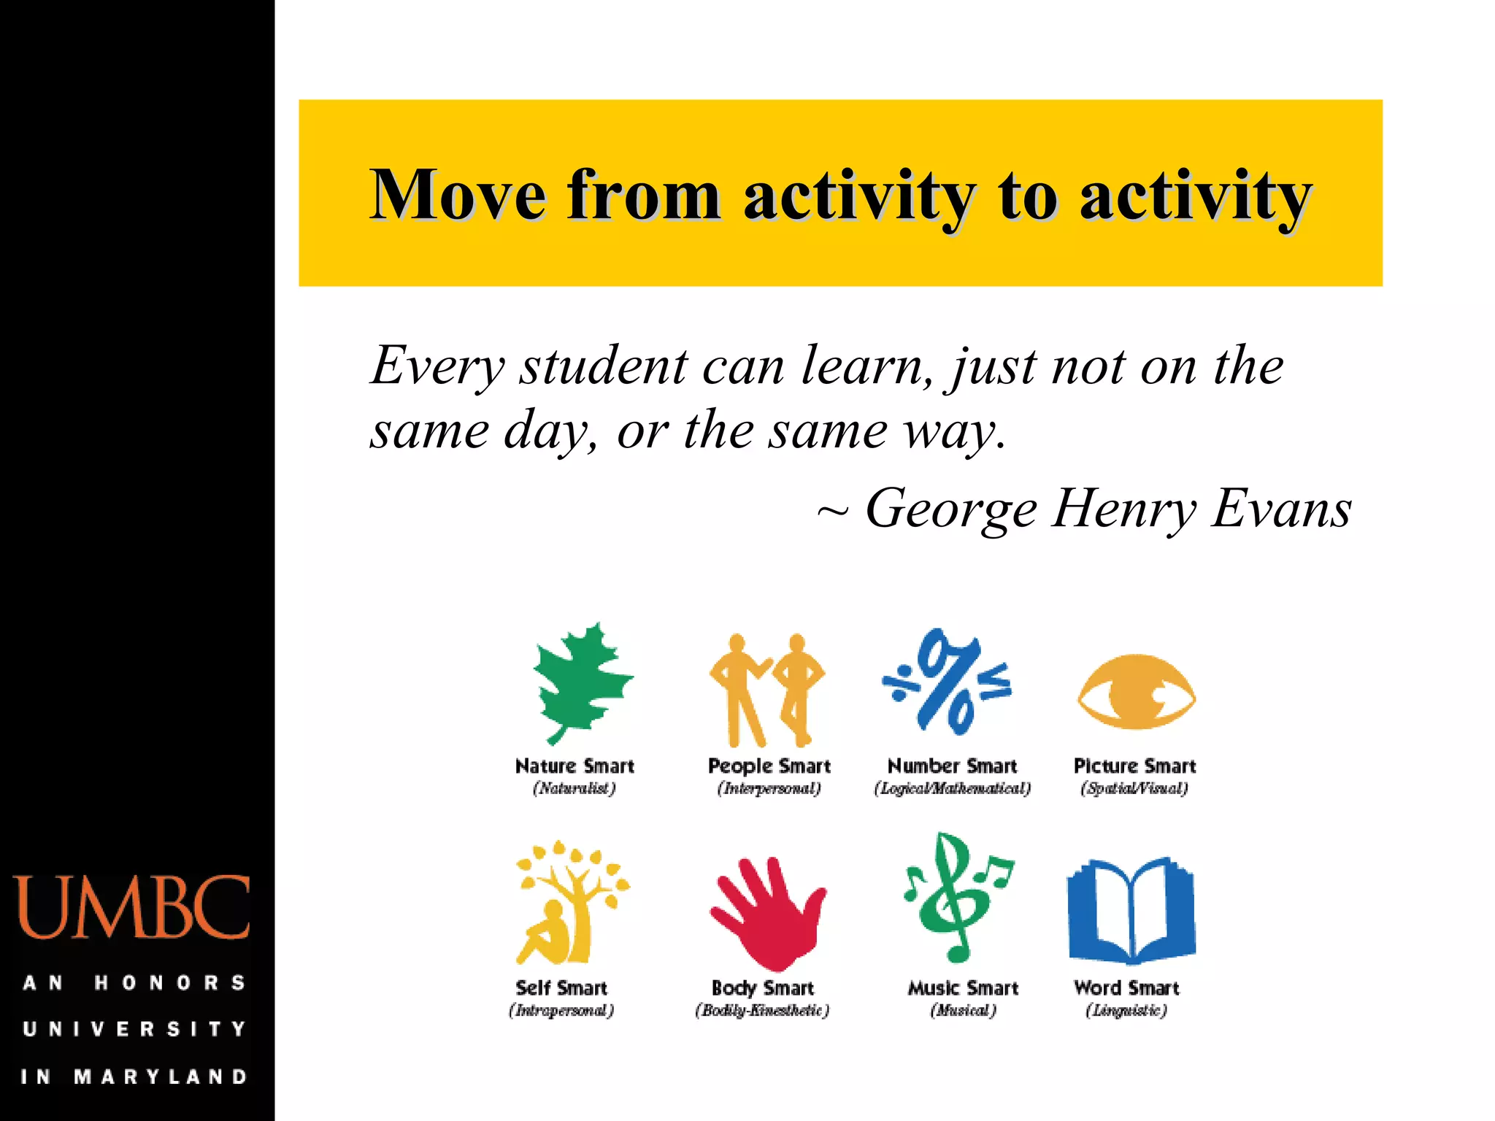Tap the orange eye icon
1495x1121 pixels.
[1136, 692]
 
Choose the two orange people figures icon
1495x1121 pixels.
[766, 689]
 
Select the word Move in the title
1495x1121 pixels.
[458, 195]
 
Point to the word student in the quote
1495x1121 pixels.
[603, 366]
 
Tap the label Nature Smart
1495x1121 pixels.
[574, 766]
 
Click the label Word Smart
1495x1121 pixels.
[1126, 988]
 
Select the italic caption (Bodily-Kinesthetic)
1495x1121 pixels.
[762, 1011]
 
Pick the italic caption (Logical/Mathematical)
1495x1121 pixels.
[952, 789]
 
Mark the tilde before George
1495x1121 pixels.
[832, 512]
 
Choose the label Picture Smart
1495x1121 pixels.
[1134, 766]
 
